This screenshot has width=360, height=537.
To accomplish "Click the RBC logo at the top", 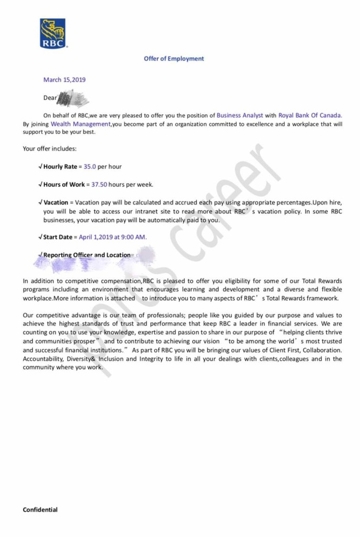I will pos(53,34).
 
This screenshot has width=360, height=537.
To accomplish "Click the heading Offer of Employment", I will pos(174,59).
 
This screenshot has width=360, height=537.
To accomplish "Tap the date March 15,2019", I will pos(64,80).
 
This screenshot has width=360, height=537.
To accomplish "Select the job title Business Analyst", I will pos(240,115).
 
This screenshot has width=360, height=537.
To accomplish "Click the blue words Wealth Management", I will pos(81,124).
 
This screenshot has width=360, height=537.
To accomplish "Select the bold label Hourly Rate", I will pos(60,167).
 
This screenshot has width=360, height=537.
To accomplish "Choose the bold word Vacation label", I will pos(56,202).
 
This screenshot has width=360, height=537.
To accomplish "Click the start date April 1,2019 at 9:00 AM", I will pos(113,237).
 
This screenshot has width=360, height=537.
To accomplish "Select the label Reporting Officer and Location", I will pos(86,255).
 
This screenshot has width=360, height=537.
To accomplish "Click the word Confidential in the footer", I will pos(40,509).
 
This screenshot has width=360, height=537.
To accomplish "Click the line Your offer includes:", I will pos(50,149).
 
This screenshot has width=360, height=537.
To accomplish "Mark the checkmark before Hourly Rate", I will pos(41,167).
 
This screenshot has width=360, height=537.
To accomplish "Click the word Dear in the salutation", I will pos(50,98).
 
